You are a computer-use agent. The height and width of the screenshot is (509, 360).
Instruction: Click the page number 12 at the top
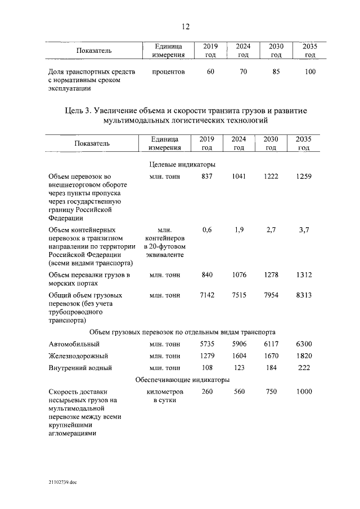coord(185,26)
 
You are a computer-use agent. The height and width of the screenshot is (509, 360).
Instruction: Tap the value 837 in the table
coord(207,177)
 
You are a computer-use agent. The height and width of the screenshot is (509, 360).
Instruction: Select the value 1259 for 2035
coord(304,177)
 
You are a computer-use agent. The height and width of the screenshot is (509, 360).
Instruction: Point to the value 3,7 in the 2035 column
coord(304,229)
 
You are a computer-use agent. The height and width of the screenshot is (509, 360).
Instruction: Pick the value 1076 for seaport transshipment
coord(239,274)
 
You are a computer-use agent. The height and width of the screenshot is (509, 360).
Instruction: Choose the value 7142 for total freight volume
coord(207,295)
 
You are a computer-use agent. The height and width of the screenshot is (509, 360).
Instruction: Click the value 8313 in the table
coord(304,295)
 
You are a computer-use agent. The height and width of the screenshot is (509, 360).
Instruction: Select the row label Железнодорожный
coord(78,355)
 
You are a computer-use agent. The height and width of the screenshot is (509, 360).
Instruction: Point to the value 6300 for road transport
coord(304,344)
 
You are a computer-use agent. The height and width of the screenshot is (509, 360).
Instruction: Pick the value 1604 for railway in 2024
coord(239,355)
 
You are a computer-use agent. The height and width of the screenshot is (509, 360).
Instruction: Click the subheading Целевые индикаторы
coord(182,164)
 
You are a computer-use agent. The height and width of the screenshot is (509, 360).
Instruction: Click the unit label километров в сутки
coord(164,395)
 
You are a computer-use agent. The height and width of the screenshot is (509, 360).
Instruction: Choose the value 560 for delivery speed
coord(239,391)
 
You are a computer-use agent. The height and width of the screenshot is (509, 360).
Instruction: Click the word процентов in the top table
coord(168,71)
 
